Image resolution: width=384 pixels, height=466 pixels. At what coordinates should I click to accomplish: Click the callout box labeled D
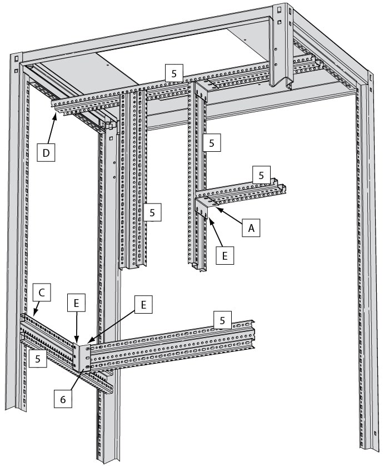(x=46, y=152)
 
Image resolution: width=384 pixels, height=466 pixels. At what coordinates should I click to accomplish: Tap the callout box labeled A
(x=251, y=228)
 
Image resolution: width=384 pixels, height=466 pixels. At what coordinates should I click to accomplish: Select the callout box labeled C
(x=42, y=293)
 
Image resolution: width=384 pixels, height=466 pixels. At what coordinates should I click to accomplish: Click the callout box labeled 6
(x=63, y=399)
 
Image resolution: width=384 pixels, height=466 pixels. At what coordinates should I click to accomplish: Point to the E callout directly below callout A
(x=225, y=255)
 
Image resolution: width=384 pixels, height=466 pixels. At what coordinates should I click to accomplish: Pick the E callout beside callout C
(x=76, y=303)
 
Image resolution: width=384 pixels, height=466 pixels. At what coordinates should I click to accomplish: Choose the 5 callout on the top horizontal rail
(x=174, y=73)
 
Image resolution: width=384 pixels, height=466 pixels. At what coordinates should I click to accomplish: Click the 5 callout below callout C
(x=38, y=359)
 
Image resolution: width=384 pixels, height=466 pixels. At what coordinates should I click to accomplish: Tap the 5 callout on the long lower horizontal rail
(x=222, y=320)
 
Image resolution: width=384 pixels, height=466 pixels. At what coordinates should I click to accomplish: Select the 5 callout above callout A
(x=261, y=175)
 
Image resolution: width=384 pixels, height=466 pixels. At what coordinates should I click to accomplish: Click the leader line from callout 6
(x=76, y=379)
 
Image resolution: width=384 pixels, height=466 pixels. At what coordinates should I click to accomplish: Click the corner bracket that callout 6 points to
(x=82, y=356)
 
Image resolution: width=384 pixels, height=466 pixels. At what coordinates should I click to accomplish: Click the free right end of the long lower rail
(x=253, y=334)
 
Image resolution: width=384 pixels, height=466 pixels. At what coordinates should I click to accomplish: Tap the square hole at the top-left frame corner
(x=16, y=57)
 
